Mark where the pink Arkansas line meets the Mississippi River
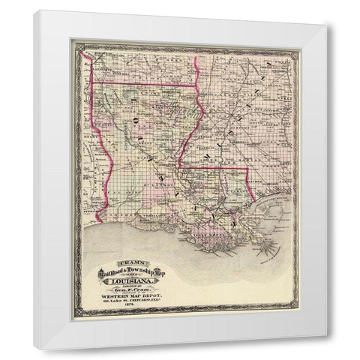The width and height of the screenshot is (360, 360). [x=196, y=84]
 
